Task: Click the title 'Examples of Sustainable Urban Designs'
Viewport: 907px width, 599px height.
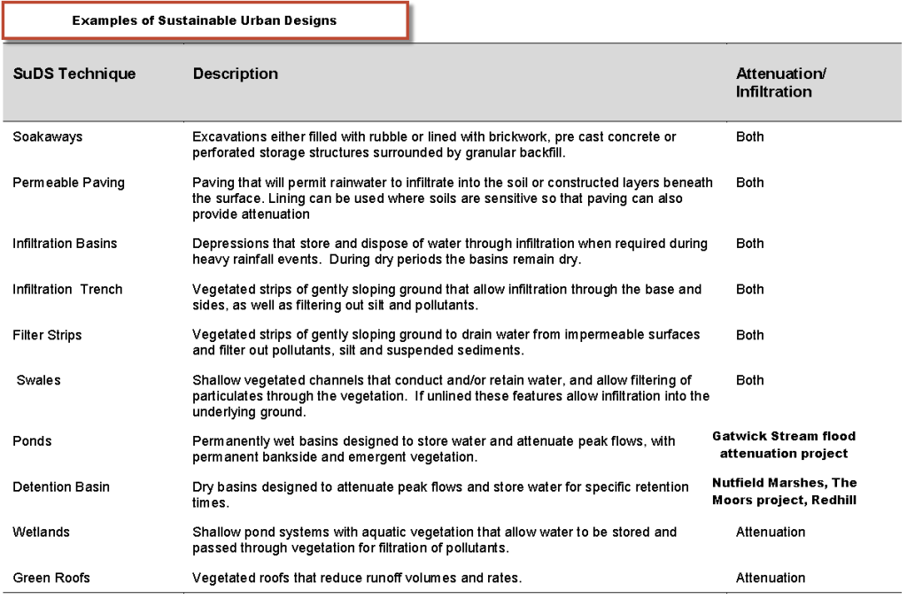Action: [x=205, y=20]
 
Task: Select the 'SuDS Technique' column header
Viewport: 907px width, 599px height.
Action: [x=74, y=74]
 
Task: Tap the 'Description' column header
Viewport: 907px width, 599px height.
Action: [x=236, y=74]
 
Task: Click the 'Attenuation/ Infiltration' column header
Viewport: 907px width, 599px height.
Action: [x=780, y=82]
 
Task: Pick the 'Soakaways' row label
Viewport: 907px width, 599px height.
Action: [x=47, y=136]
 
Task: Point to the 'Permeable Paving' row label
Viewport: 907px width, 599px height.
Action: [x=68, y=183]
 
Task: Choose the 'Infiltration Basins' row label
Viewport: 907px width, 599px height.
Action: [x=65, y=243]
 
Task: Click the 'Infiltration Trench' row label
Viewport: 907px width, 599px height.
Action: [x=67, y=289]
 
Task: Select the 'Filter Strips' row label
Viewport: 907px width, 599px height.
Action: [x=47, y=335]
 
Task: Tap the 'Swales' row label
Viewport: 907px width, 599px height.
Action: [x=38, y=380]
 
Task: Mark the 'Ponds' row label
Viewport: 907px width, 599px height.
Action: [x=32, y=440]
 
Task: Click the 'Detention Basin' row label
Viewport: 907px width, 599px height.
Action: [x=61, y=486]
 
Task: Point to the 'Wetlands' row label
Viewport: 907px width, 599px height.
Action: [x=41, y=532]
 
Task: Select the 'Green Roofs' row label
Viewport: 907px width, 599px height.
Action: [x=51, y=578]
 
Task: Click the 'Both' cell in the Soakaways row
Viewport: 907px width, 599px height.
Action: [x=749, y=136]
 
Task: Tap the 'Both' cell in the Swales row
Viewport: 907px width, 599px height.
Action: [x=749, y=380]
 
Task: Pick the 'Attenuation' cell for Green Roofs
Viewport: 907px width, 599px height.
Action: [x=771, y=578]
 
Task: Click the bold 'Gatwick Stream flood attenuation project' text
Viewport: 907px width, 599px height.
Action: [x=784, y=445]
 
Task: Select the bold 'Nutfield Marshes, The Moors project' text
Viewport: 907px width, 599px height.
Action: [x=784, y=491]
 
